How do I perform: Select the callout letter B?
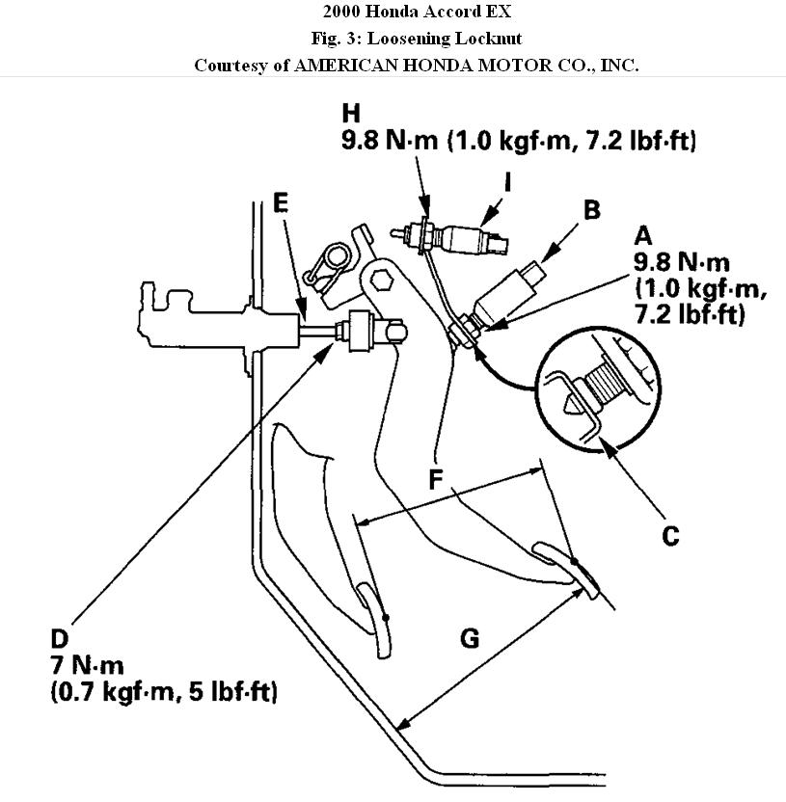[x=592, y=209]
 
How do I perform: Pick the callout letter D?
[x=60, y=640]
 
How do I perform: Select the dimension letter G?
[x=470, y=638]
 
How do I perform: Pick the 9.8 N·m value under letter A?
[x=681, y=263]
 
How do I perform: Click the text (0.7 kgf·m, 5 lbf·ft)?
[x=164, y=692]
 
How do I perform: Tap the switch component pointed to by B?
[x=508, y=291]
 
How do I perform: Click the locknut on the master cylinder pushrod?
[x=364, y=334]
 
